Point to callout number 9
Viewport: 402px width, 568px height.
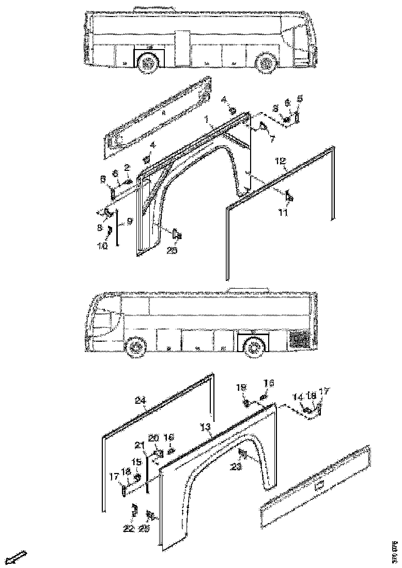click(x=130, y=220)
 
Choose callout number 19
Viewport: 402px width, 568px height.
click(x=241, y=387)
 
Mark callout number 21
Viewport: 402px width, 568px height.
click(x=138, y=446)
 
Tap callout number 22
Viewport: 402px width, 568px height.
click(x=129, y=529)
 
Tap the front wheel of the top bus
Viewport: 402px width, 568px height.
click(x=266, y=64)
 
